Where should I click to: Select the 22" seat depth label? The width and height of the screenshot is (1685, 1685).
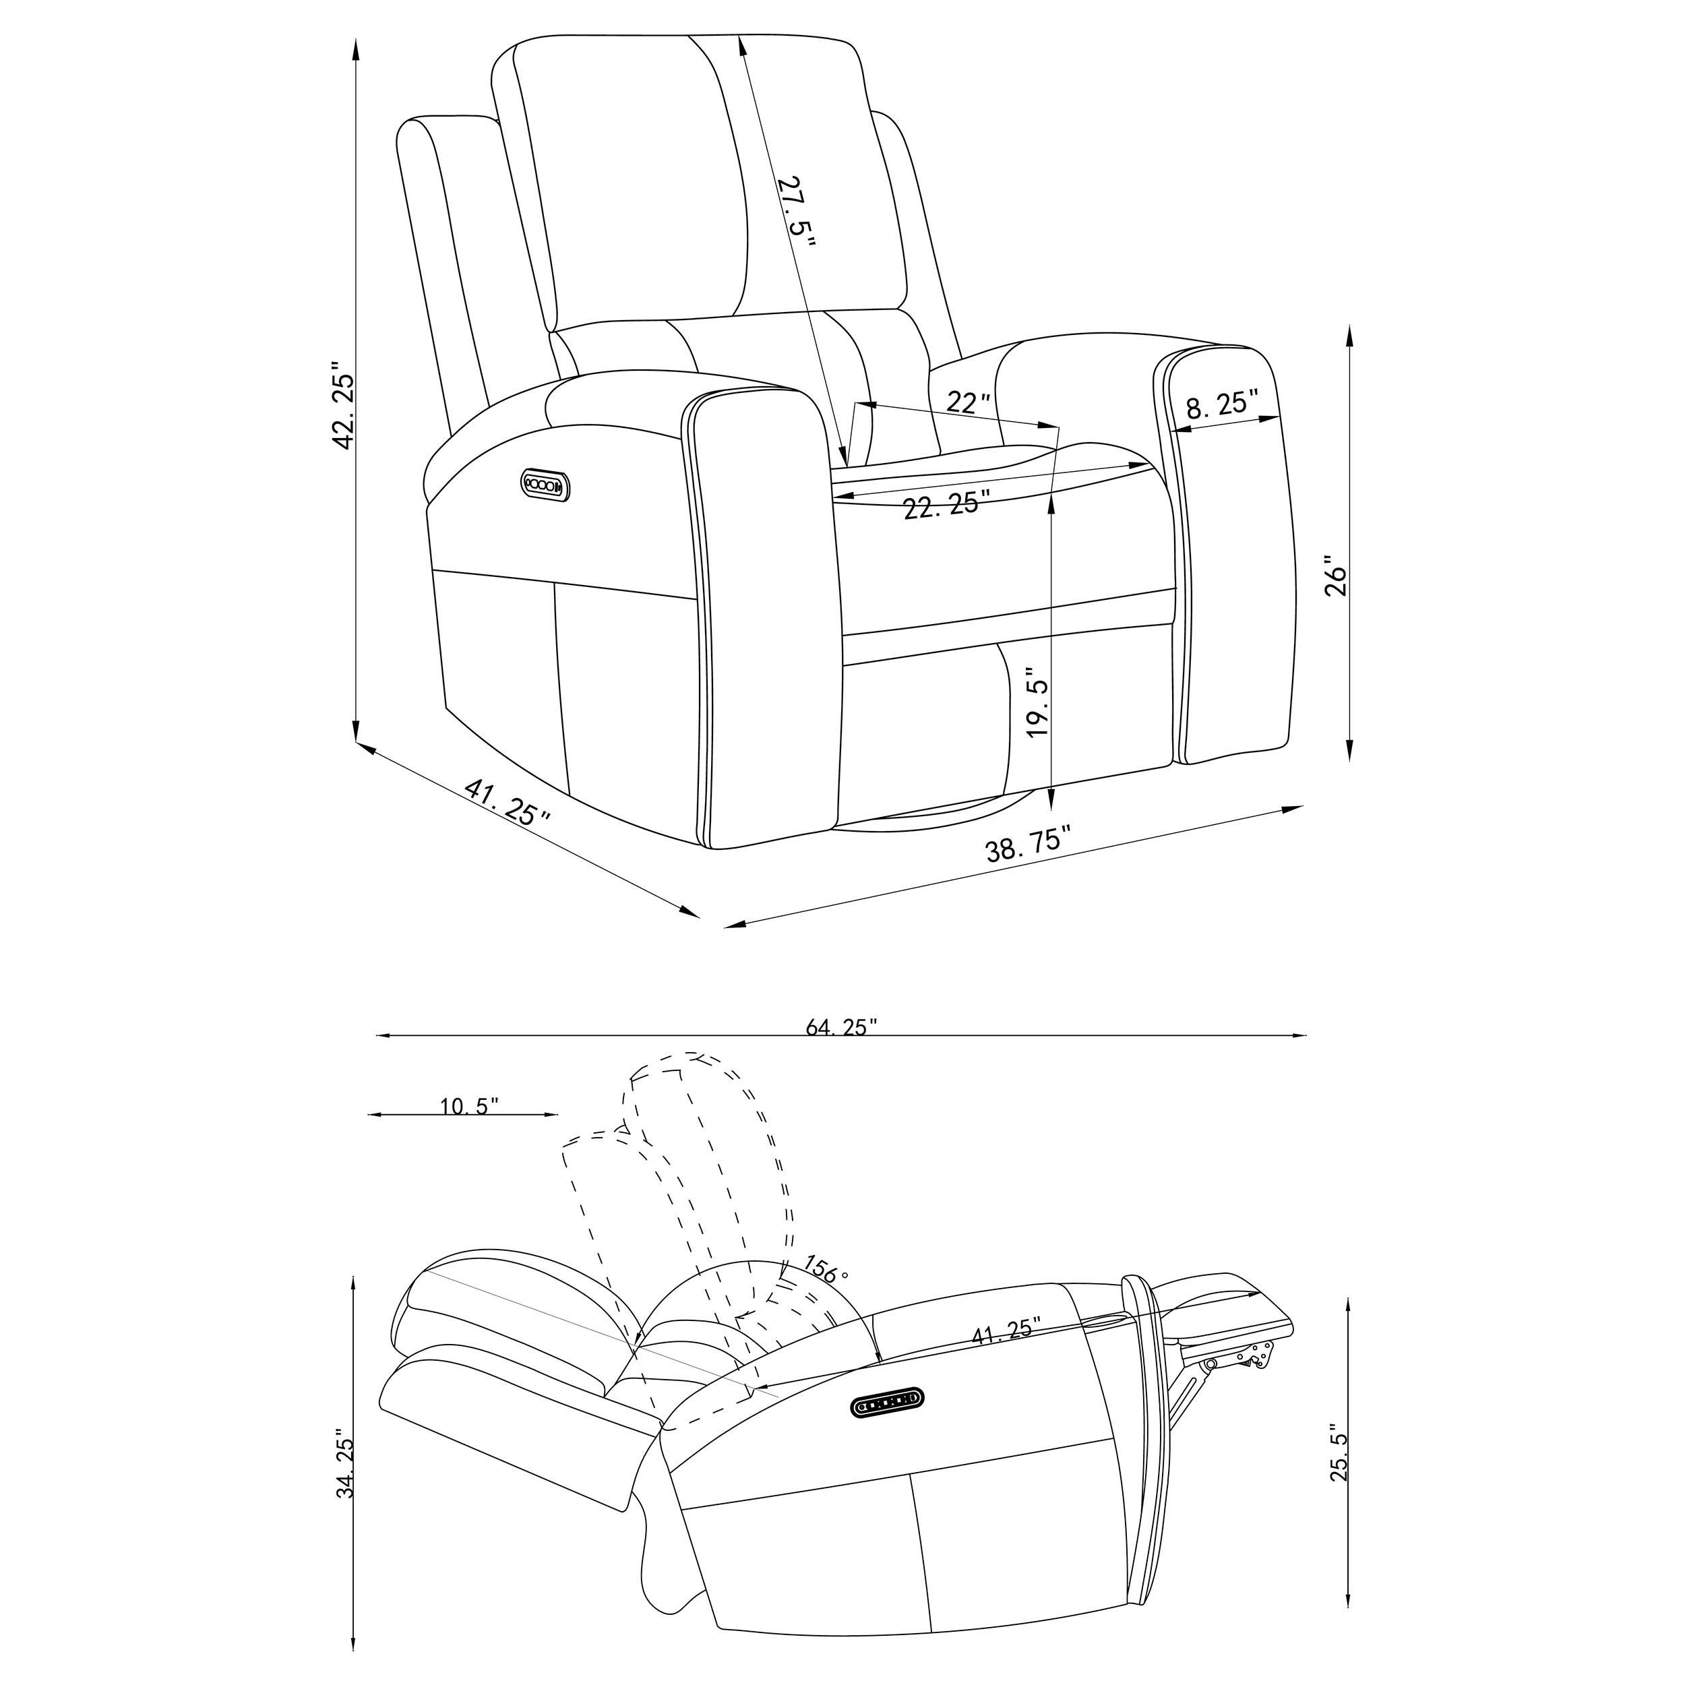point(969,402)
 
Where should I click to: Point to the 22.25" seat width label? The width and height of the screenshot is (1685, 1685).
point(947,505)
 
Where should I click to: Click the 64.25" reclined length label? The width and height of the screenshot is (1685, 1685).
point(840,1029)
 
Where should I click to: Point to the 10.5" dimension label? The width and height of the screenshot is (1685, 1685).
point(469,1107)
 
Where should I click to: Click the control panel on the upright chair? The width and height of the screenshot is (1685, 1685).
point(546,484)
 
